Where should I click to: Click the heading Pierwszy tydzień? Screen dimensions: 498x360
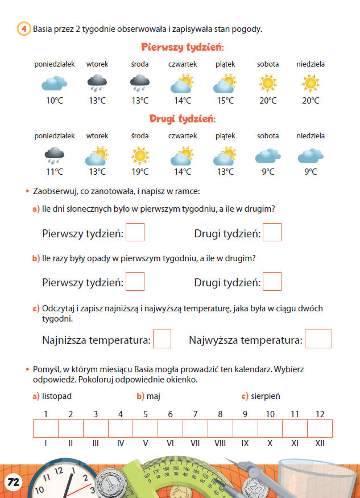[182, 47]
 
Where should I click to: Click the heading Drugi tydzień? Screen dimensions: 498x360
[182, 119]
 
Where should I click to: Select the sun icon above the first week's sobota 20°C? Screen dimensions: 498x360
[267, 84]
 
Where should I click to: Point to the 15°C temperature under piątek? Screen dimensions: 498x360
[225, 101]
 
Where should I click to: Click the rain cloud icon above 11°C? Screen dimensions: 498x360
[54, 155]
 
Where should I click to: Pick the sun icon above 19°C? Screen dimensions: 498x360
[140, 155]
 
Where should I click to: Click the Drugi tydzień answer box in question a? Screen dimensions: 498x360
[272, 233]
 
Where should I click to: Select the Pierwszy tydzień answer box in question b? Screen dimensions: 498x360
[135, 282]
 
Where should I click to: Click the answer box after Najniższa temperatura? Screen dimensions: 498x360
[162, 339]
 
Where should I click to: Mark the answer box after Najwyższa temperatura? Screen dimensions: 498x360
[318, 339]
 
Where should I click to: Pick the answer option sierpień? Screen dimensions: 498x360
[264, 396]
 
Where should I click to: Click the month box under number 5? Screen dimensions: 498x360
[145, 428]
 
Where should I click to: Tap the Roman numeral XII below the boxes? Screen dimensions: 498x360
[320, 443]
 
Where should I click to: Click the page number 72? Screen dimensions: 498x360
[14, 482]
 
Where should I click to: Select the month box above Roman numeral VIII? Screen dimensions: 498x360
[220, 428]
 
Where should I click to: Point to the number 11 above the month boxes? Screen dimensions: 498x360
[295, 414]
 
